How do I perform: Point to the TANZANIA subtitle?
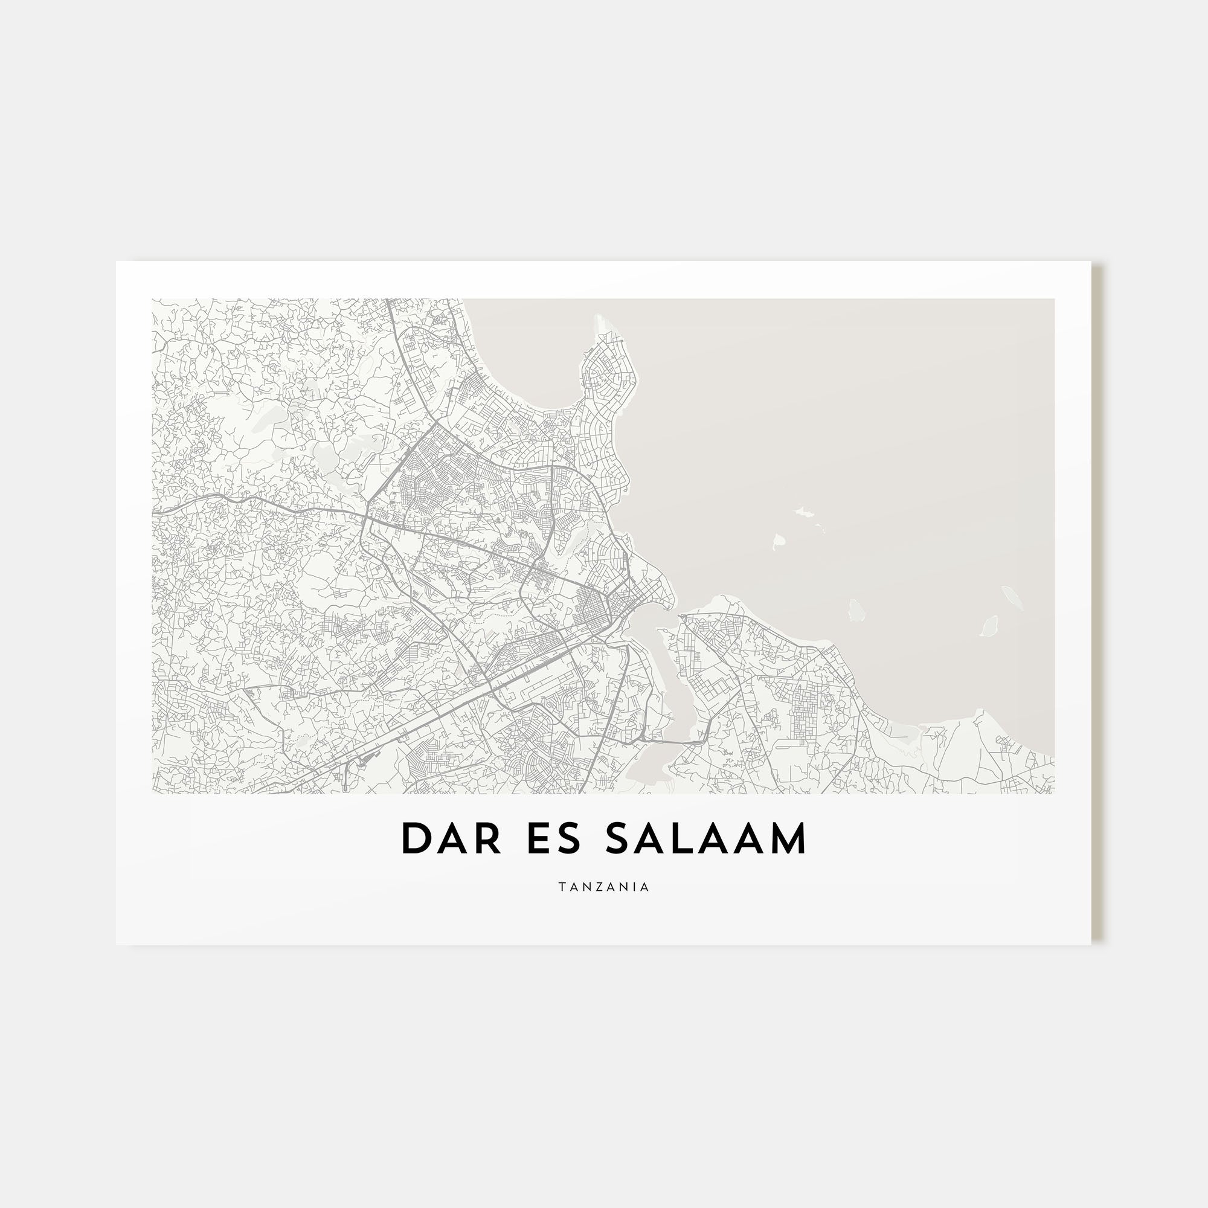click(x=604, y=887)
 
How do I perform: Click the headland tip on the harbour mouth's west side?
click(x=672, y=603)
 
